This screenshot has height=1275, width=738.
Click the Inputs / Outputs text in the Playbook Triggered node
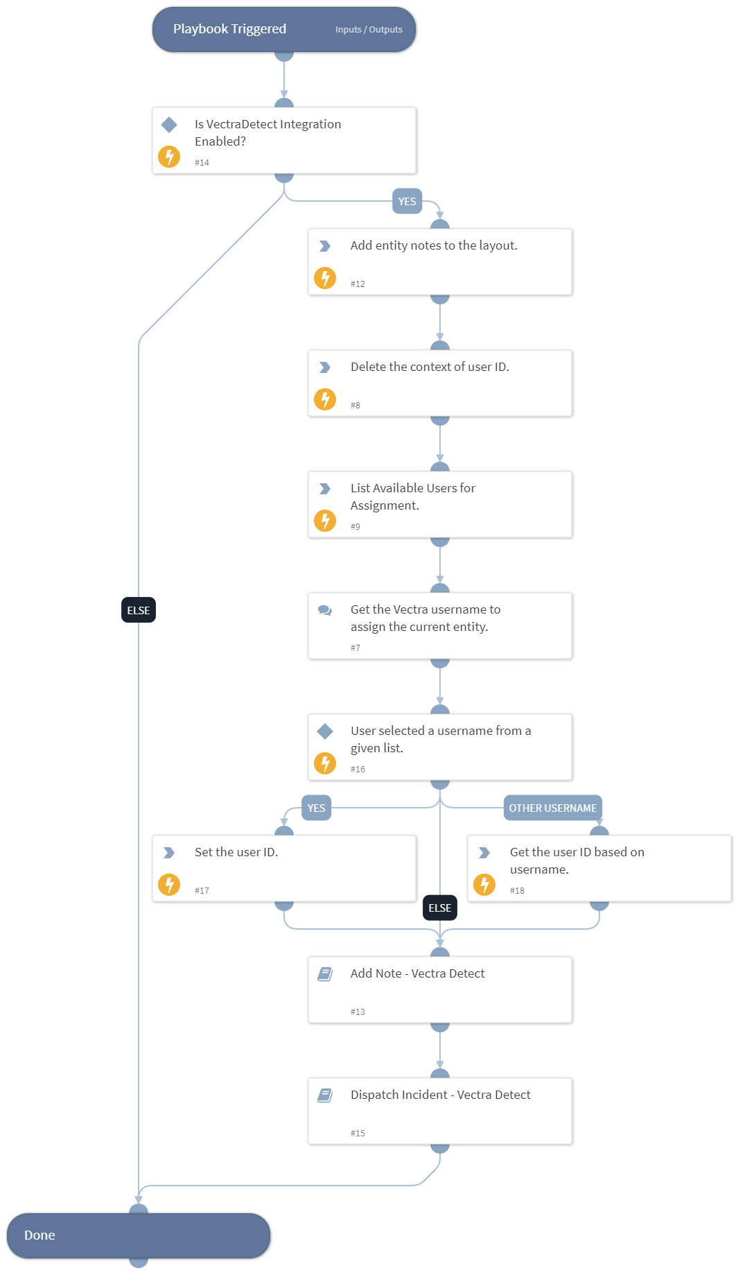[x=369, y=30]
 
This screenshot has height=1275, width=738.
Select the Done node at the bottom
[x=138, y=1235]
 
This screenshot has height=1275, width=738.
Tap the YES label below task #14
[x=407, y=202]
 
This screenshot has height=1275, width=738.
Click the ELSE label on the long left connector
[x=139, y=610]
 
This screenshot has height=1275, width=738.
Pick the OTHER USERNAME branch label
[x=552, y=808]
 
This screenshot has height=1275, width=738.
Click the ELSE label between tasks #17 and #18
[x=439, y=908]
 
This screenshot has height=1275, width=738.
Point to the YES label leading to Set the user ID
[x=316, y=808]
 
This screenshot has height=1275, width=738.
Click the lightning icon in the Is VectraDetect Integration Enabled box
[x=169, y=157]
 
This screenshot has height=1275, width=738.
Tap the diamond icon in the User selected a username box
[x=325, y=731]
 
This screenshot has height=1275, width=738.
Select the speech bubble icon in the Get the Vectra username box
[x=325, y=610]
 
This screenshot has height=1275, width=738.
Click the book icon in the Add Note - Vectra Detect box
[x=325, y=974]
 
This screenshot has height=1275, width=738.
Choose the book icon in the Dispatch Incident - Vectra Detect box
[x=325, y=1095]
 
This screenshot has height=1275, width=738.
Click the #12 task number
[x=358, y=284]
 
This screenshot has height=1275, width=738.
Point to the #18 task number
[x=517, y=890]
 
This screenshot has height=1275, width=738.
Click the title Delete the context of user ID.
[x=430, y=367]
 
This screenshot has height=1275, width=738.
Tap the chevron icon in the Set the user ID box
[x=169, y=853]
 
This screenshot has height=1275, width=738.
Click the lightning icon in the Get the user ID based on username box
[x=484, y=885]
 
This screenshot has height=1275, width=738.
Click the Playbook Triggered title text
[x=229, y=29]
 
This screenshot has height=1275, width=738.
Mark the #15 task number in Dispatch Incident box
[x=358, y=1133]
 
